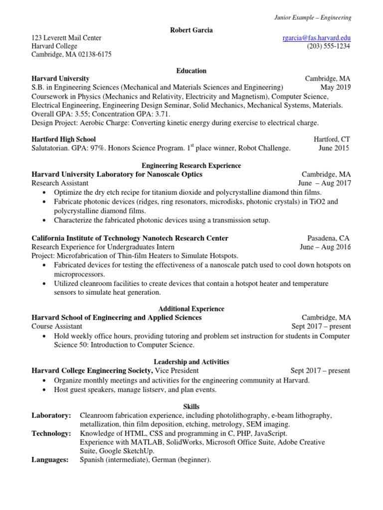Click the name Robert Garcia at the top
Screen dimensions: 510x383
pyautogui.click(x=191, y=30)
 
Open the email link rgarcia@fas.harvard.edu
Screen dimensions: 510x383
pyautogui.click(x=316, y=38)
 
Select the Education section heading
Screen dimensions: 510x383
pyautogui.click(x=191, y=71)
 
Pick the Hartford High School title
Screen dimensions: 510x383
pyautogui.click(x=63, y=139)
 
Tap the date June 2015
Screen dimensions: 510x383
pyautogui.click(x=334, y=148)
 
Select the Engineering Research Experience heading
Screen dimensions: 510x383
pyautogui.click(x=191, y=165)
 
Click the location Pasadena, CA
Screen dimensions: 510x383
pyautogui.click(x=329, y=238)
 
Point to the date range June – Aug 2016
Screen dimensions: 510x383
pyautogui.click(x=325, y=247)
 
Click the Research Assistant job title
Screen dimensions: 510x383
pyautogui.click(x=60, y=183)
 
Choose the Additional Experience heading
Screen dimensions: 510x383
pyautogui.click(x=191, y=309)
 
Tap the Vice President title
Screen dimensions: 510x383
pyautogui.click(x=177, y=371)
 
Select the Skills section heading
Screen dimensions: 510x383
pyautogui.click(x=191, y=407)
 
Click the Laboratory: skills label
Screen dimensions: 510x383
pyautogui.click(x=51, y=415)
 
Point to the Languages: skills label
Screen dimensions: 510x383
pyautogui.click(x=50, y=460)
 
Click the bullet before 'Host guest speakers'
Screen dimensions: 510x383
pyautogui.click(x=46, y=390)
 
